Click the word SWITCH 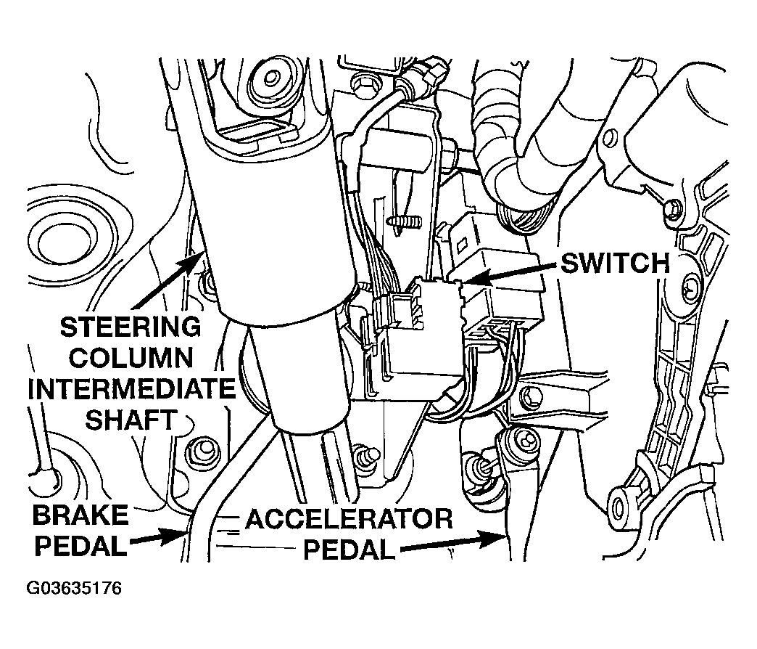tap(616, 264)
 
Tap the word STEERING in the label tap(131, 327)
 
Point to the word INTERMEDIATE tap(131, 389)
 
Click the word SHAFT tap(130, 420)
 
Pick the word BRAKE tap(80, 515)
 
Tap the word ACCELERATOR tap(349, 520)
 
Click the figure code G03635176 tap(73, 589)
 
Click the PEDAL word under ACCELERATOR tap(348, 550)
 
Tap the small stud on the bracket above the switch tap(404, 222)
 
